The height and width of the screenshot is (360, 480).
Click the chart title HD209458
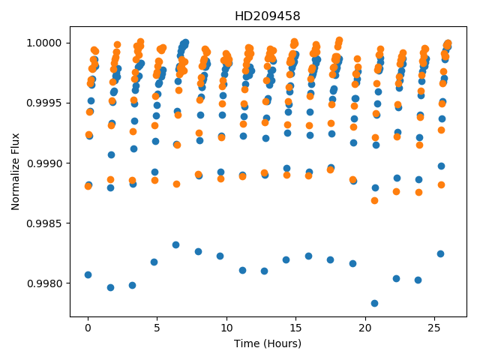[x=267, y=16]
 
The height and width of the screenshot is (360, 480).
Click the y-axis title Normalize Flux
[x=15, y=172]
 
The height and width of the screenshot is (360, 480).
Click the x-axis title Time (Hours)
[x=268, y=343]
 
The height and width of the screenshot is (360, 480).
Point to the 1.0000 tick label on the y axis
[x=44, y=43]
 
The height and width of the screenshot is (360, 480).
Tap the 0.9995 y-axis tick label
[x=44, y=103]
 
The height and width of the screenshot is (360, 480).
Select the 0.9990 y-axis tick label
[x=44, y=163]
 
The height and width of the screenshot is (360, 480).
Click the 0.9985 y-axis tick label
[x=44, y=223]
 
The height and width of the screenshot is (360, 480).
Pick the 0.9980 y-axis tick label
[x=44, y=283]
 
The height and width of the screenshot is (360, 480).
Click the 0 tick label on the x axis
[x=88, y=328]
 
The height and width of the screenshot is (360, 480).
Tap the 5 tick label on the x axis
[x=157, y=328]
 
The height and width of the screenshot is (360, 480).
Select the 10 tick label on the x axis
[x=226, y=328]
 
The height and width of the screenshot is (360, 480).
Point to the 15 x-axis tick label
[x=295, y=328]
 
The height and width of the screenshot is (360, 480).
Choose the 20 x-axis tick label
[x=365, y=328]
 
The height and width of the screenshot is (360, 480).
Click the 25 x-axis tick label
[x=434, y=328]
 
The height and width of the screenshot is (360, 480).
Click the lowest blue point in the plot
[x=374, y=303]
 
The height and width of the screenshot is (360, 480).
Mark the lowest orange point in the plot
[x=374, y=201]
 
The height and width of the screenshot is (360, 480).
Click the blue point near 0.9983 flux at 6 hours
[x=175, y=245]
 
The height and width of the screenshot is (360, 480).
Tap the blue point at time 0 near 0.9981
[x=88, y=275]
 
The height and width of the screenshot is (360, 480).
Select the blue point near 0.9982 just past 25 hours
[x=440, y=253]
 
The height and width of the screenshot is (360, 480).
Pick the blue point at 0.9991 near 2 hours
[x=112, y=155]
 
